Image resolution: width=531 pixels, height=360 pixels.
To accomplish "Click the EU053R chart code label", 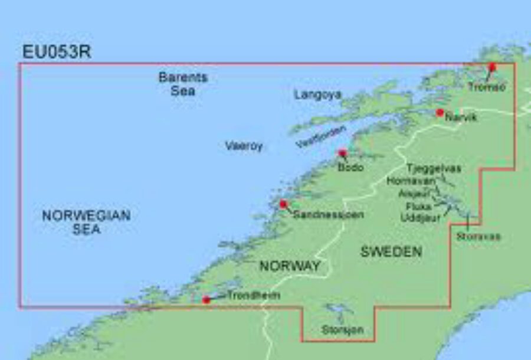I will coord(57,52).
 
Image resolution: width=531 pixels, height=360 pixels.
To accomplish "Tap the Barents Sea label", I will coord(183,84).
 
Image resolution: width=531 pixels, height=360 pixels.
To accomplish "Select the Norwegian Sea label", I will coord(86,222).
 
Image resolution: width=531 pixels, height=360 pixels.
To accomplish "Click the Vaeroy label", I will coord(243,146).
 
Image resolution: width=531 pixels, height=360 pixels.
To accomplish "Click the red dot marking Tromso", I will coord(493,67).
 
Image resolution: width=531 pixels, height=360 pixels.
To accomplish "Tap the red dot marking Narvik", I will coord(440,112).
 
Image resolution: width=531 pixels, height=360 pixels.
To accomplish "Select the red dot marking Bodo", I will coord(342,153).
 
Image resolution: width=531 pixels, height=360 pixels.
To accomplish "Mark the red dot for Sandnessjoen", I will coord(283,204).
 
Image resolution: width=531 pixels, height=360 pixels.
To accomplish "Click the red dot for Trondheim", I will coord(206,300).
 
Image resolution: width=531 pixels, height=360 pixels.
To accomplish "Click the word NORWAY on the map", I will coord(290,266).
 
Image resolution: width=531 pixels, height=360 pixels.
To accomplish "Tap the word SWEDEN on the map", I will coord(391,251).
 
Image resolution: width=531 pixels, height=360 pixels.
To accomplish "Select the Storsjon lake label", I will coord(342,330).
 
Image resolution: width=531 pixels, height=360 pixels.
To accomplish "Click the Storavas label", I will coord(478,236).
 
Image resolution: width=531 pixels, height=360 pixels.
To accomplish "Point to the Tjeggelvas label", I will coord(434,168).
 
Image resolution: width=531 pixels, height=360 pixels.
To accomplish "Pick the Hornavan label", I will coord(411,181).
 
